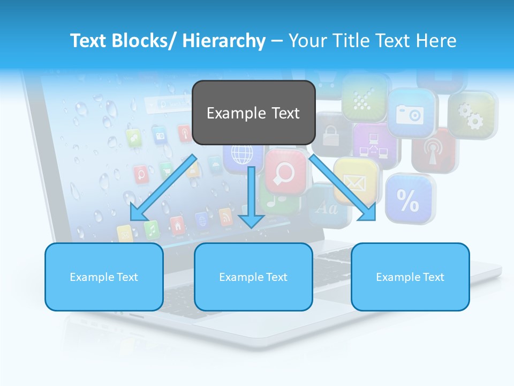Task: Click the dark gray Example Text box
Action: [253, 113]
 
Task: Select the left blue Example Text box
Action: [104, 277]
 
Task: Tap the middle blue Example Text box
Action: [253, 277]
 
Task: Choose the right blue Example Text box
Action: [410, 277]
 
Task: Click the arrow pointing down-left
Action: [163, 188]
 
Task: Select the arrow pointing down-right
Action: [343, 188]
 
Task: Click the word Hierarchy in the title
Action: [224, 41]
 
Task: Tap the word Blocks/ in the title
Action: [142, 41]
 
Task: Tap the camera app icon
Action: [410, 113]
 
